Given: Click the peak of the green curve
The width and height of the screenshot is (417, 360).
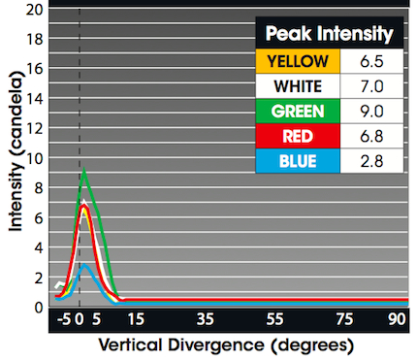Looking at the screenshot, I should point(85,171).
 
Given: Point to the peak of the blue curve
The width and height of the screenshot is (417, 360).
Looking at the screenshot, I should point(85,264).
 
